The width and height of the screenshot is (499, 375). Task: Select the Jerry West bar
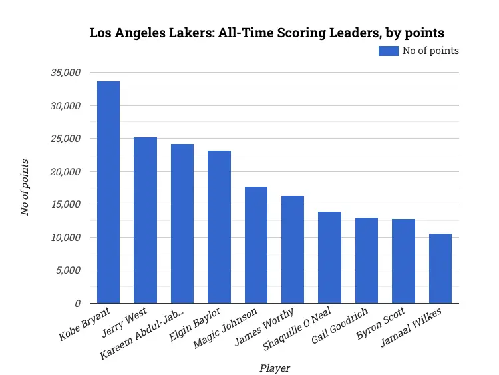(x=145, y=220)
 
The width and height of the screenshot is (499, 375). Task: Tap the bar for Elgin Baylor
(x=219, y=226)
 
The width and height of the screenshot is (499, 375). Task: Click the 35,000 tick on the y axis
(x=65, y=73)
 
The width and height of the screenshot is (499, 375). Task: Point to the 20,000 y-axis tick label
(x=65, y=172)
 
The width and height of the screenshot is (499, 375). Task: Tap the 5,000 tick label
(x=68, y=270)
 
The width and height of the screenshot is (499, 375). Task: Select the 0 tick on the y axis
(x=77, y=304)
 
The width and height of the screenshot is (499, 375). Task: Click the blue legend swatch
(x=389, y=51)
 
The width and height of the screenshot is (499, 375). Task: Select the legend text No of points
(x=430, y=51)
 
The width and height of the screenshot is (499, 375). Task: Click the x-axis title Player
(x=275, y=368)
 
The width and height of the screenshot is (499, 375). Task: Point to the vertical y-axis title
(x=25, y=187)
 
